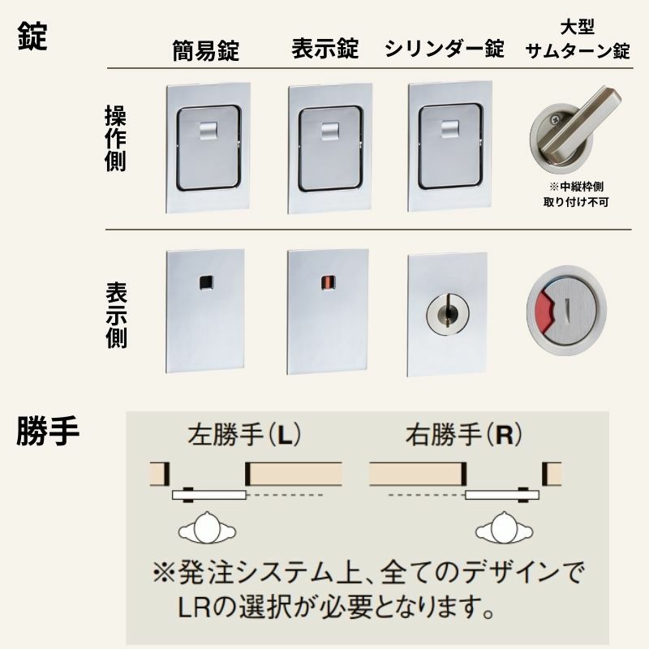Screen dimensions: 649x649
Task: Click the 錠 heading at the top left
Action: click(x=32, y=37)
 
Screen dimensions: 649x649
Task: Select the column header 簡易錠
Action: click(x=205, y=50)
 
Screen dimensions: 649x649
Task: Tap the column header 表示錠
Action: click(x=324, y=49)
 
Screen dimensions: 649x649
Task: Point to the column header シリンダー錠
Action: click(x=445, y=49)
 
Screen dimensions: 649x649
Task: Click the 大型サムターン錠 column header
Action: click(x=578, y=41)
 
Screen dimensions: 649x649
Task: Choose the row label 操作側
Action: click(x=116, y=138)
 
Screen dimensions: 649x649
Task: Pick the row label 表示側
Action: click(x=116, y=315)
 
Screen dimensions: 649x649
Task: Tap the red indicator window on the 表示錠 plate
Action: click(x=325, y=283)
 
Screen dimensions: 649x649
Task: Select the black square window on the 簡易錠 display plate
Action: click(x=205, y=282)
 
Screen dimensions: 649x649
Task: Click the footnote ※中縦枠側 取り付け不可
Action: click(x=578, y=191)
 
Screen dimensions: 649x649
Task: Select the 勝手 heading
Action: click(x=47, y=432)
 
